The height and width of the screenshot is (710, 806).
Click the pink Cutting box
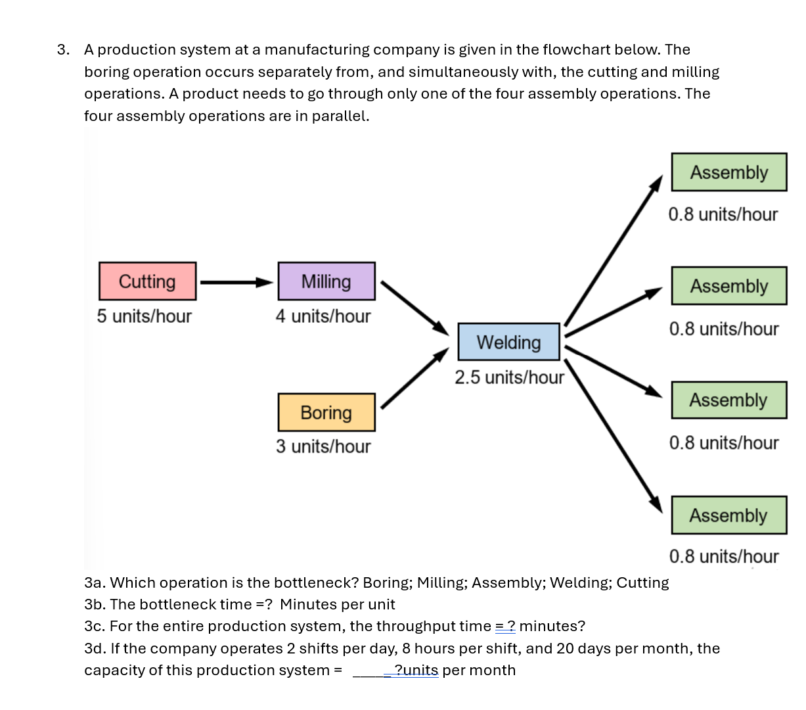(x=147, y=281)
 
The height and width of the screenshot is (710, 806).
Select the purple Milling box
(x=326, y=281)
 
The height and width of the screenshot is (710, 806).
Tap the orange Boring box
(x=326, y=412)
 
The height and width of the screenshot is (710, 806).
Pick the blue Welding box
(x=508, y=342)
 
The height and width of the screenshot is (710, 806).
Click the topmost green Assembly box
(x=728, y=172)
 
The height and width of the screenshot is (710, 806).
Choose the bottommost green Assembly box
(x=728, y=515)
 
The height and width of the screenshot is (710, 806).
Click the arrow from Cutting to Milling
(x=236, y=283)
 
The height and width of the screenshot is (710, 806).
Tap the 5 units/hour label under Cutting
(x=145, y=316)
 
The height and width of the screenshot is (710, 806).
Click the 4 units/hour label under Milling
(x=323, y=316)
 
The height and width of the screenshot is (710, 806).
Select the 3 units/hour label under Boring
(x=323, y=446)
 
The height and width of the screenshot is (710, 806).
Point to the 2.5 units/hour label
(x=509, y=377)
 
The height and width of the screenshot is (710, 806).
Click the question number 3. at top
(x=63, y=50)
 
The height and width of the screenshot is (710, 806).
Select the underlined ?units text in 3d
(x=416, y=671)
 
